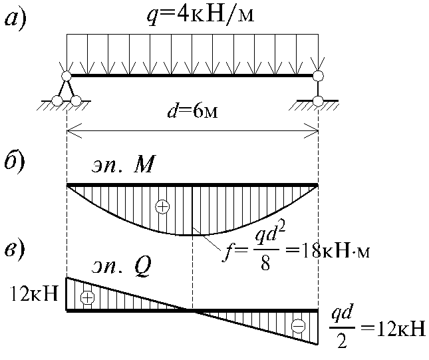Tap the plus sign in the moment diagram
[162, 207]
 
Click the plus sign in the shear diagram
[86, 297]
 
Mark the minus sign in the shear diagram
[299, 326]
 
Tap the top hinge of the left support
[67, 77]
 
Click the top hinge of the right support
[318, 76]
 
